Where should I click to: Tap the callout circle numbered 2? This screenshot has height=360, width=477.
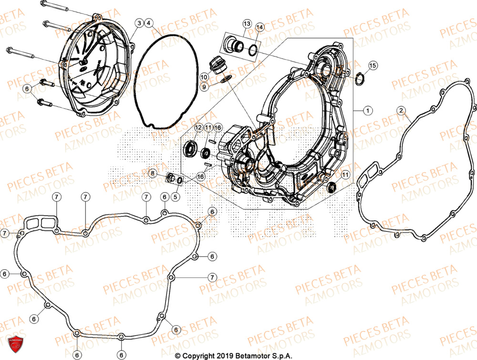pyautogui.click(x=402, y=111)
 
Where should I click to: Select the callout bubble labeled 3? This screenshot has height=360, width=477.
pyautogui.click(x=139, y=23)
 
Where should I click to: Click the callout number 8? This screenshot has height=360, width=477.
pyautogui.click(x=152, y=173)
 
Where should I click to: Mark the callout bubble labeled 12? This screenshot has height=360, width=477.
pyautogui.click(x=198, y=128)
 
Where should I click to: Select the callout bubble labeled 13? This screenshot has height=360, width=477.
pyautogui.click(x=247, y=23)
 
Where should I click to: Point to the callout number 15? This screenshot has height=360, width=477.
pyautogui.click(x=373, y=65)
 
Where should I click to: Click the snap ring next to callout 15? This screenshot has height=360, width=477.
pyautogui.click(x=362, y=78)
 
